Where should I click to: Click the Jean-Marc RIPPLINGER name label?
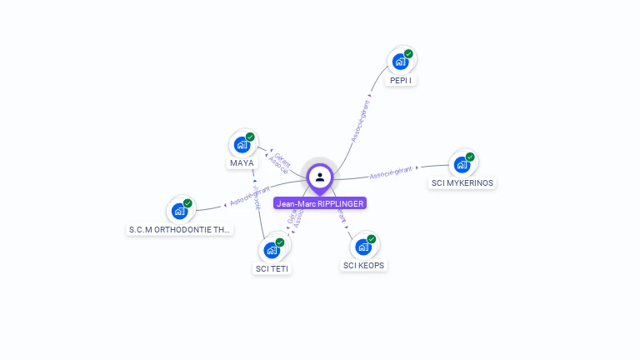coord(320,203)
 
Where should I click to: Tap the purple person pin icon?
coord(320,177)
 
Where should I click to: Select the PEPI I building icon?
coord(402,61)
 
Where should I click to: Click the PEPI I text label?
coord(402,81)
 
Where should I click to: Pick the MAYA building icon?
coord(242,143)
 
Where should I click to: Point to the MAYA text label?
coord(242,163)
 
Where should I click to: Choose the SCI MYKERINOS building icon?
coord(462,163)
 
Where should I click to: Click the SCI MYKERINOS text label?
coord(462,183)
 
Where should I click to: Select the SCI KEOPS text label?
coord(365,266)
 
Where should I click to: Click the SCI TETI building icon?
coord(272,249)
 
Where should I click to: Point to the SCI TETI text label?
coord(272,269)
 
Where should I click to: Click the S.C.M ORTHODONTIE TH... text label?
coord(180,229)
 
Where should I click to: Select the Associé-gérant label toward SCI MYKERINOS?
coord(391,172)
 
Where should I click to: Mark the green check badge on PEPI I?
coord(408,54)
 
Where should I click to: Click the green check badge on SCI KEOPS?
coord(372,239)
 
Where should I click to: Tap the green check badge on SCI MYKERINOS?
coord(470,157)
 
